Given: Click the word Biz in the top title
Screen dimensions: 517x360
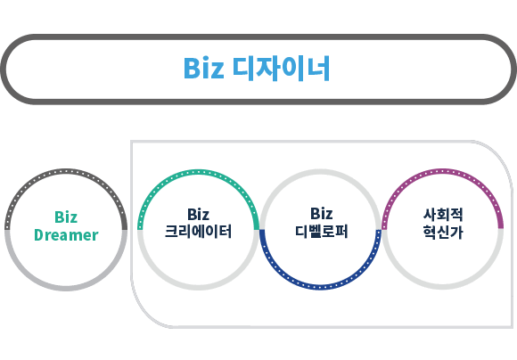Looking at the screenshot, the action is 203,68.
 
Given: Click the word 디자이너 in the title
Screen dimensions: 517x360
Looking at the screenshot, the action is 282,68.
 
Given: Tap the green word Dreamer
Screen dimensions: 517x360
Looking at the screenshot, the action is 66,235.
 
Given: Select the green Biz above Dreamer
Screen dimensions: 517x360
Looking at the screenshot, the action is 66,217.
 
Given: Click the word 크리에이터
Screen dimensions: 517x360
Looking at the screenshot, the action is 198,231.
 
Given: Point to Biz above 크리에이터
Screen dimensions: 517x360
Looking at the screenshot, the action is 198,214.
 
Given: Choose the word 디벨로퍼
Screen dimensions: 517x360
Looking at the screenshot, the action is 321,231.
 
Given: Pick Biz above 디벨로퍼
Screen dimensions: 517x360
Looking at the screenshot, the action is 321,214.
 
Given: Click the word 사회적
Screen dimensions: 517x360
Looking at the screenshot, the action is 443,215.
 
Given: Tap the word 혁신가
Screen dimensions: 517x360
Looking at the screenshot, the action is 443,232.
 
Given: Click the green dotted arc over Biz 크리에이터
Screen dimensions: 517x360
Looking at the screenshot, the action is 198,172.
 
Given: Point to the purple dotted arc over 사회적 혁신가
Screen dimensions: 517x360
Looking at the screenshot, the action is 442,171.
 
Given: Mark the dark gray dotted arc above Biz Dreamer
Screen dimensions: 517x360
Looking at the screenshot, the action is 66,171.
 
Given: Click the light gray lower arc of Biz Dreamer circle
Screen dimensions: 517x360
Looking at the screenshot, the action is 66,288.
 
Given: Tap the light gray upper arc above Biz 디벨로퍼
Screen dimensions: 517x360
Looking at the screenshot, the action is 320,172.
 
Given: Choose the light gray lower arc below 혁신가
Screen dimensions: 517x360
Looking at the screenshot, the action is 442,287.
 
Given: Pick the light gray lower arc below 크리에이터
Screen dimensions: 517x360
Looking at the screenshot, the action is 198,288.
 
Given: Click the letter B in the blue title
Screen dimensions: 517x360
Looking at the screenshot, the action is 191,69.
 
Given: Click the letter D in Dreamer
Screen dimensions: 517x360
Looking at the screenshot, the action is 38,235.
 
